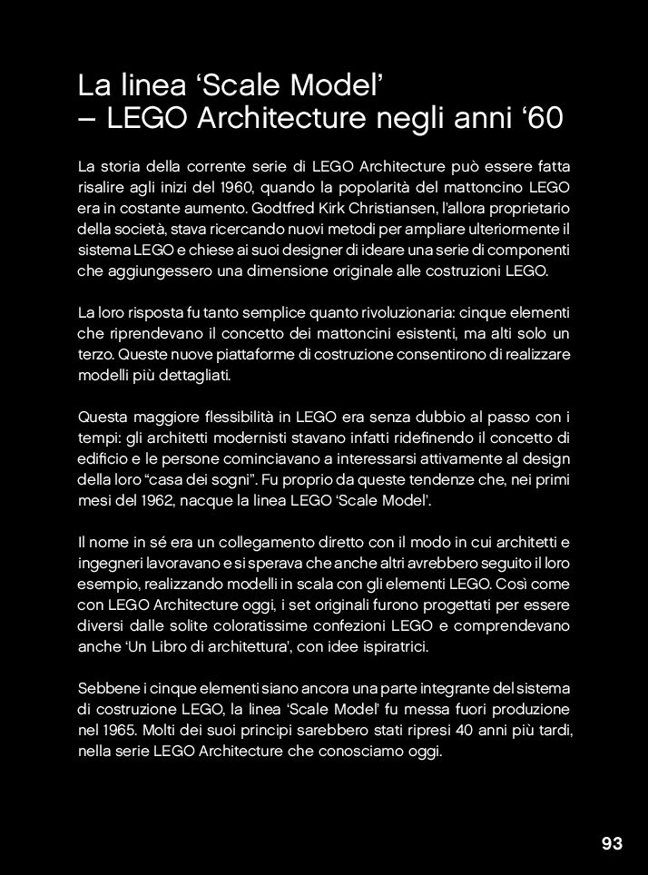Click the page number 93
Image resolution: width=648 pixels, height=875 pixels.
[x=612, y=844]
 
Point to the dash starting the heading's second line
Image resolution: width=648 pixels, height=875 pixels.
[x=88, y=121]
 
